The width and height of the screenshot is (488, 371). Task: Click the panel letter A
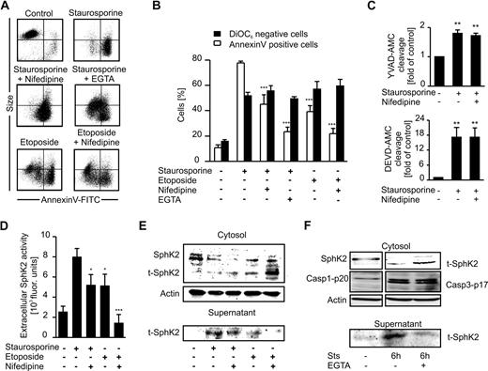point(7,7)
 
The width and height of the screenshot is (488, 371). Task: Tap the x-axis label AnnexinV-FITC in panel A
point(79,189)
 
